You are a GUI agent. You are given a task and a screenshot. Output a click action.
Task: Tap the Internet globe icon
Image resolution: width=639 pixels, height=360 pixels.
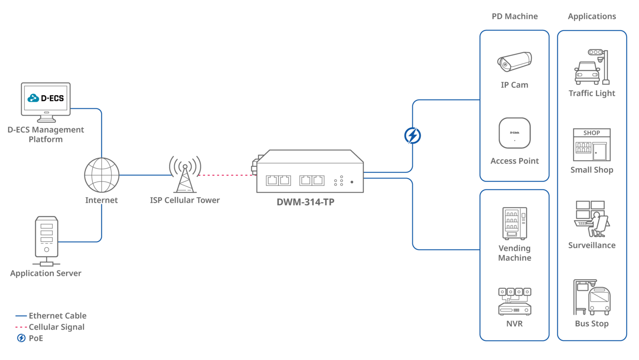pos(102,175)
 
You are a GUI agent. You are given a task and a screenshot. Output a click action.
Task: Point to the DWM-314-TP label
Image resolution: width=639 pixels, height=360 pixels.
pos(305,202)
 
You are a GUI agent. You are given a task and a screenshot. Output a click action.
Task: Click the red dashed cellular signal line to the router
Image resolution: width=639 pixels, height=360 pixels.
pos(227,175)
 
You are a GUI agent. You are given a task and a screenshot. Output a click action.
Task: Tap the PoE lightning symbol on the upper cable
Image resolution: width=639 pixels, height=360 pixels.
pos(412,136)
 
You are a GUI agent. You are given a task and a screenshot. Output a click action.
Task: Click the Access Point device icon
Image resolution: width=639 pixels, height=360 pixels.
pos(515,133)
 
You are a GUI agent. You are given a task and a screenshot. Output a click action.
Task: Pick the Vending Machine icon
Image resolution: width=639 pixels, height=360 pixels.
pos(515,223)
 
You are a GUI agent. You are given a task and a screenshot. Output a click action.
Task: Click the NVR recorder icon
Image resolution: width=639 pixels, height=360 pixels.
pos(515,301)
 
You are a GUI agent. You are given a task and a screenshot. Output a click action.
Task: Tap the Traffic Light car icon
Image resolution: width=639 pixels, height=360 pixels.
pos(587,73)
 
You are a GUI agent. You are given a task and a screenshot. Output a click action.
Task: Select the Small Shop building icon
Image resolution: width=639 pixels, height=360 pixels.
pos(592,145)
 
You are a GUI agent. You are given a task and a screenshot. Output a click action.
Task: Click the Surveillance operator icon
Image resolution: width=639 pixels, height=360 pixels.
pos(592,219)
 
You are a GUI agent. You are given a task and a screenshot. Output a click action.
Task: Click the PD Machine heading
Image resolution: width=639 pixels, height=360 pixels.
pos(515,17)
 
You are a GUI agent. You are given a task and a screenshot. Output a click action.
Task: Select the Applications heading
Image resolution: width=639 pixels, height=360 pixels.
pos(592,17)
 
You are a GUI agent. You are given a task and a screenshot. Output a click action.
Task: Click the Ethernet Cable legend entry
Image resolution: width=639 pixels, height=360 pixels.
pos(57,316)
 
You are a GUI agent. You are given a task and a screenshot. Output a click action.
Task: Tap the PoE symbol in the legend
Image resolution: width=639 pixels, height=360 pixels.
pos(21,338)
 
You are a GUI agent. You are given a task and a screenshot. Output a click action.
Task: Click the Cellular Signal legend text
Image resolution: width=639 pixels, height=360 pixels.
pos(57,327)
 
